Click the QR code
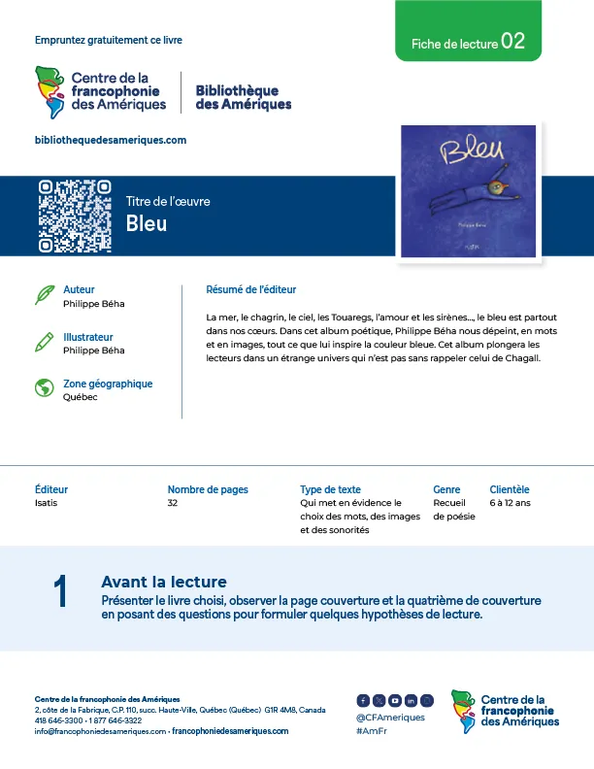click(75, 216)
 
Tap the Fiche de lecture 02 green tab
click(468, 43)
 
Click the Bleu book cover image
click(469, 191)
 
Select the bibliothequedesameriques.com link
click(110, 140)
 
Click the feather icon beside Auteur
click(44, 295)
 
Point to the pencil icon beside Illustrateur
click(44, 342)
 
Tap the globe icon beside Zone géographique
click(44, 388)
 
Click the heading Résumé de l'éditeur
click(250, 289)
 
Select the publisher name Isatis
click(47, 503)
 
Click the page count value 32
click(173, 503)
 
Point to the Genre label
click(446, 489)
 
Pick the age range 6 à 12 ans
click(511, 503)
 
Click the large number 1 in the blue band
click(61, 592)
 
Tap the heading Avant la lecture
click(163, 582)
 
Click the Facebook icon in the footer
click(363, 700)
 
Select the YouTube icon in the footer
click(395, 700)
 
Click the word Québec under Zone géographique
click(80, 397)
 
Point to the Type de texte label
click(330, 489)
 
